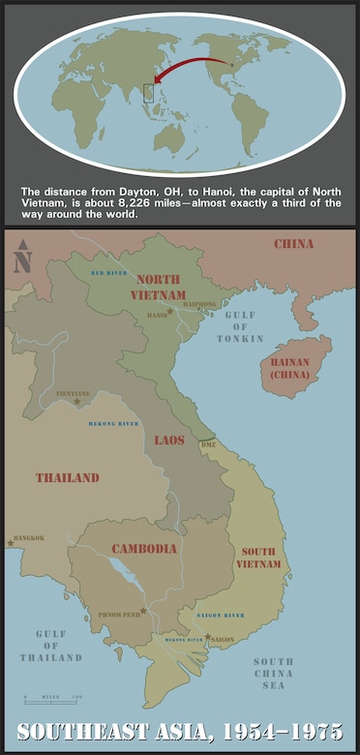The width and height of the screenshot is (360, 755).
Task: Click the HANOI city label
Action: tap(156, 316)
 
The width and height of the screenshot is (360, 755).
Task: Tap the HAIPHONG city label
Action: tap(198, 305)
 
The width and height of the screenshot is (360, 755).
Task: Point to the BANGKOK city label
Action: tap(28, 538)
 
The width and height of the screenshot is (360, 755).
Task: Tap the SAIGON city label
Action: tap(222, 640)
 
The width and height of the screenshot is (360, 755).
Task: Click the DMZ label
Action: tap(208, 444)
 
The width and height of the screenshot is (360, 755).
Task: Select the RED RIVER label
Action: tap(109, 274)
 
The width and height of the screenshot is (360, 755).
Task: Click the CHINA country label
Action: tap(293, 243)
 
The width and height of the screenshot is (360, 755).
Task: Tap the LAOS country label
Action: tap(169, 440)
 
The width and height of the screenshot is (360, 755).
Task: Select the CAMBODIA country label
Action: tap(144, 549)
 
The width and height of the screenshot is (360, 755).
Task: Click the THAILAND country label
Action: tap(68, 478)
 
